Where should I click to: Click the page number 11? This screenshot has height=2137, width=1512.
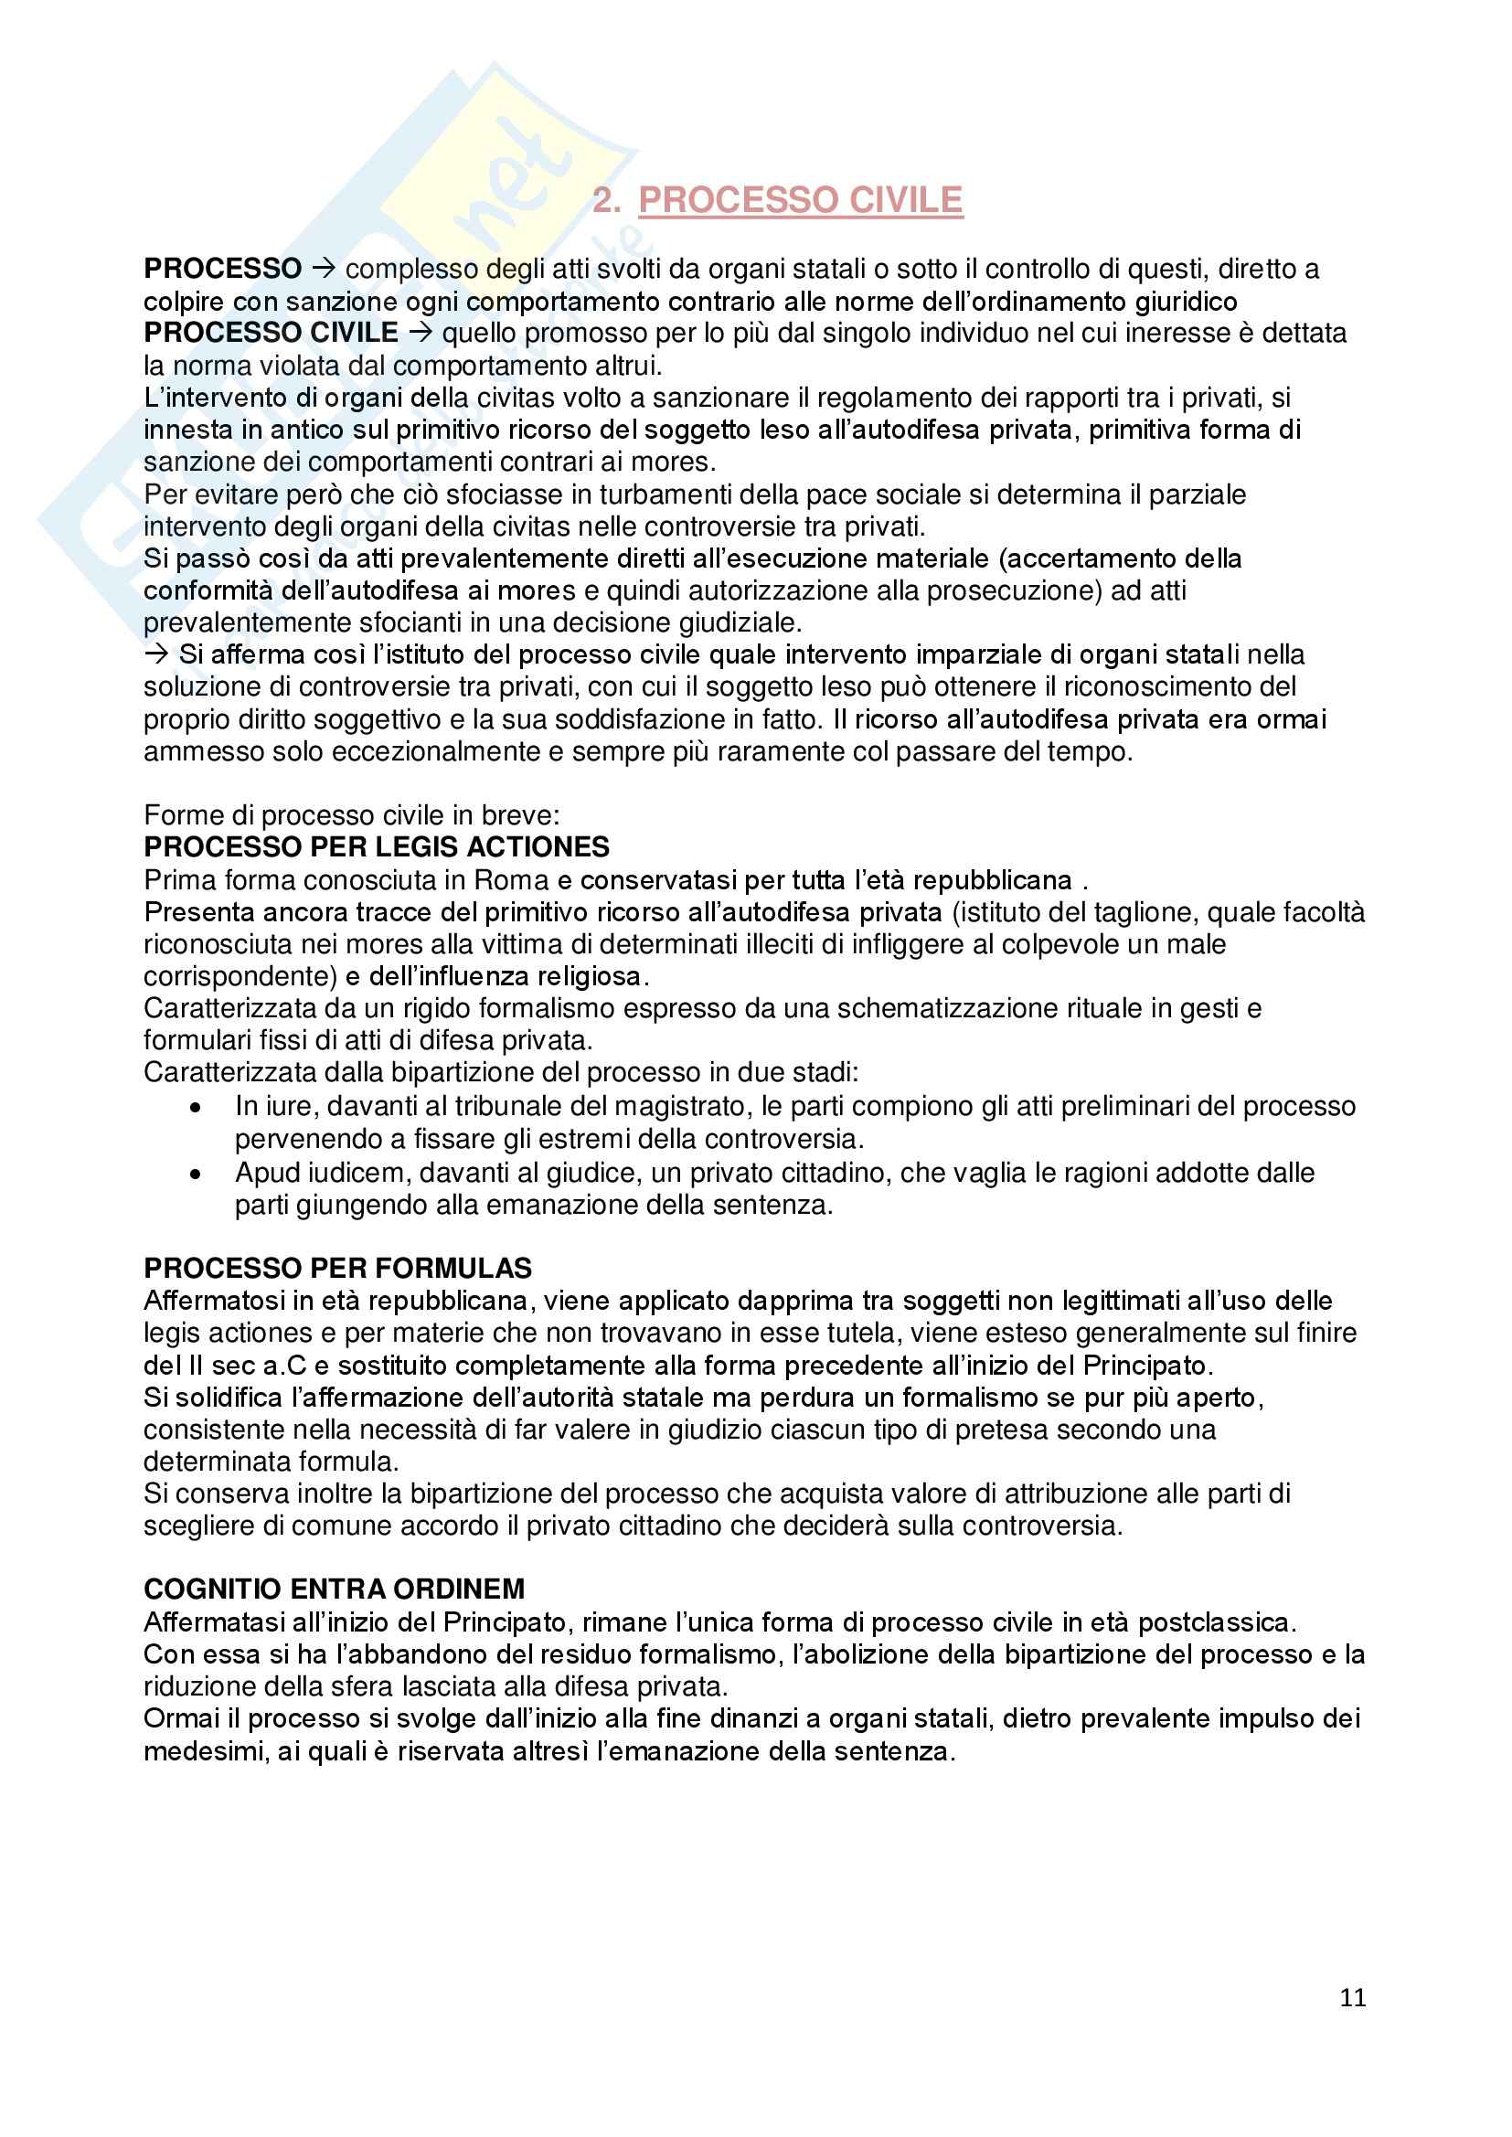[1352, 1997]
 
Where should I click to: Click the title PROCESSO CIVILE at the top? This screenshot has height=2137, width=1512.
[800, 200]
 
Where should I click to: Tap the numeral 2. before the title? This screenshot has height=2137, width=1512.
[606, 200]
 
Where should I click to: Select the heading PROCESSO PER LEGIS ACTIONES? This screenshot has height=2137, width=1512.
[376, 847]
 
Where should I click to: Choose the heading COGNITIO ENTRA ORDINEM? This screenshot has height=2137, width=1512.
[335, 1589]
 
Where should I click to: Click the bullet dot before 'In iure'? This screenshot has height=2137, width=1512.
[195, 1108]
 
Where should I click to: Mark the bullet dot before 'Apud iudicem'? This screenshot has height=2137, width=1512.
[195, 1175]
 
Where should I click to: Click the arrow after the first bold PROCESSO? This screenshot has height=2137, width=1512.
[323, 269]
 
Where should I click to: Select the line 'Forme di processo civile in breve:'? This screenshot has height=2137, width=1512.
[352, 815]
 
